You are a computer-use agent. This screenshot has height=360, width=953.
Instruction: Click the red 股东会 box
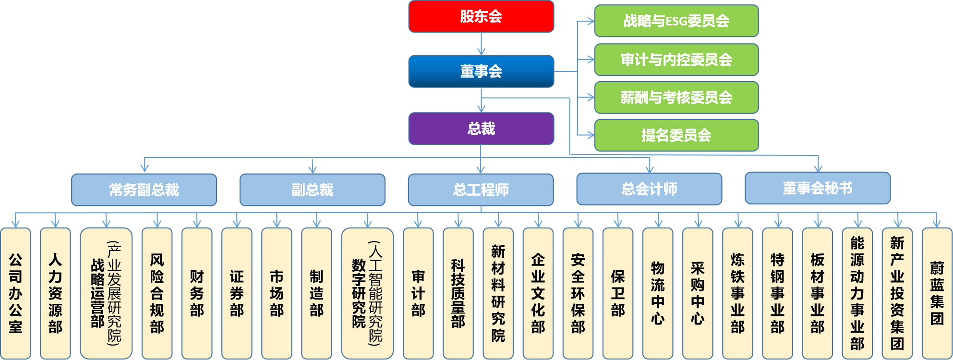[x=481, y=17]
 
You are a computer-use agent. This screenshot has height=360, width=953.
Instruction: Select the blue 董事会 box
[x=481, y=72]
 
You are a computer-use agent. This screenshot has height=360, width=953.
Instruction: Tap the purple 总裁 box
[x=481, y=129]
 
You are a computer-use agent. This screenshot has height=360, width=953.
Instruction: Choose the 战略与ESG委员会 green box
[x=676, y=21]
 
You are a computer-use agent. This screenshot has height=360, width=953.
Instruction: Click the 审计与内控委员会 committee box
[x=676, y=60]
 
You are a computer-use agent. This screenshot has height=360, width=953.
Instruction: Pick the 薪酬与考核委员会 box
[x=676, y=97]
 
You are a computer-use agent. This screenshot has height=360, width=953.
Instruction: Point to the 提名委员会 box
[x=676, y=135]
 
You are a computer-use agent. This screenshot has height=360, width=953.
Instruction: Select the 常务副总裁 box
[x=144, y=190]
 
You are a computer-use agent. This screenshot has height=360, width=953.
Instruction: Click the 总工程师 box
[x=481, y=190]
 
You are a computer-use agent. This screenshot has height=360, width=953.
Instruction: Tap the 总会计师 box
[x=649, y=189]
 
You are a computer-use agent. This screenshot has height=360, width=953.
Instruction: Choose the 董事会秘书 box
[x=818, y=188]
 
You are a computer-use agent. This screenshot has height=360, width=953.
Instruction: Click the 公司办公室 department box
[x=15, y=293]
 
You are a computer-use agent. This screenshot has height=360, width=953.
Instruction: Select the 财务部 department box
[x=197, y=293]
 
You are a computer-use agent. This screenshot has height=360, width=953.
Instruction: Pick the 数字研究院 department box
[x=367, y=293]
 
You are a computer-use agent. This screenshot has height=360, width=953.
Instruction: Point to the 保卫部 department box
[x=618, y=293]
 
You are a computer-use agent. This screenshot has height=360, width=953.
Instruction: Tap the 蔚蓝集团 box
[x=937, y=293]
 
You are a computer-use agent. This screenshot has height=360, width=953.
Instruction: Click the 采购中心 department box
[x=698, y=293]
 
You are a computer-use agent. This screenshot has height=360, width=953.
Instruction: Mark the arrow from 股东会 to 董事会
[x=481, y=44]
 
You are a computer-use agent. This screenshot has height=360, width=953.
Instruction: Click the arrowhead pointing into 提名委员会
[x=591, y=135]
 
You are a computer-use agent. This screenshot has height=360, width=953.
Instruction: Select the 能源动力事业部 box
[x=857, y=293]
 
